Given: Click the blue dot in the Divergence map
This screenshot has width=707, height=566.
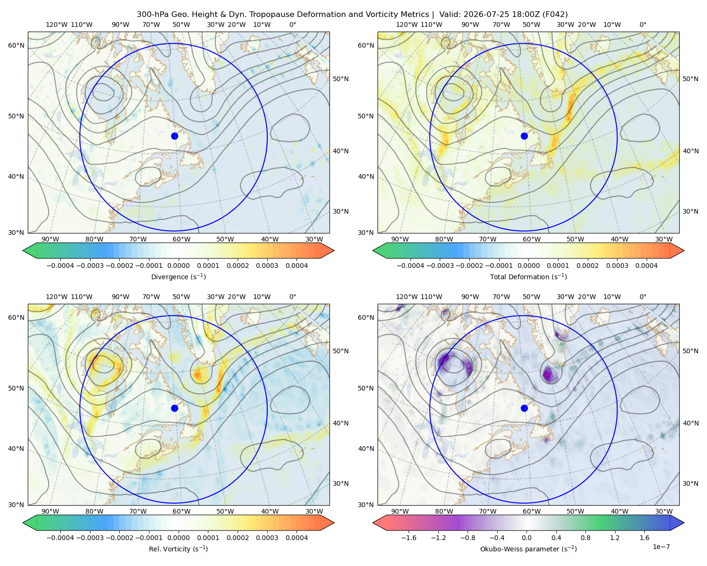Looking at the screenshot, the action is click(174, 136).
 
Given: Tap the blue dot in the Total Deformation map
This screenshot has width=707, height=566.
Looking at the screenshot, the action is click(524, 136).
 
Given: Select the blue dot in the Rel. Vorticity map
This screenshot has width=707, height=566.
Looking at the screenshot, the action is click(174, 408).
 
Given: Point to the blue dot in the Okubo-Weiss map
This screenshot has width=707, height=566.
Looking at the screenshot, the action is click(524, 408).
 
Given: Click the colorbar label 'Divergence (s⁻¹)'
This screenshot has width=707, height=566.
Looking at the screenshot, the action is click(178, 276).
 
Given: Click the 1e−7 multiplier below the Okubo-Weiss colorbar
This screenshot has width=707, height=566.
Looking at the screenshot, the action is click(661, 547).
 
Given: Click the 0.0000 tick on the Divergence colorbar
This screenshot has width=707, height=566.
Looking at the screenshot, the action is click(178, 266).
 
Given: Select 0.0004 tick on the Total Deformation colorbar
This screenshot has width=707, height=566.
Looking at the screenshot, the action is click(646, 266).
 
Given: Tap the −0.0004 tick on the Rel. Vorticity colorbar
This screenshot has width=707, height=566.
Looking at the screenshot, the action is click(60, 537).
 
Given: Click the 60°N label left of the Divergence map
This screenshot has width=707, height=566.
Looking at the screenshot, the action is click(16, 45).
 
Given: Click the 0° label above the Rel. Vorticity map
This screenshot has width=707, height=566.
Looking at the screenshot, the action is click(293, 297).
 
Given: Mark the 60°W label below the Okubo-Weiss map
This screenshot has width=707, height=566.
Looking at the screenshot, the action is click(531, 511).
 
